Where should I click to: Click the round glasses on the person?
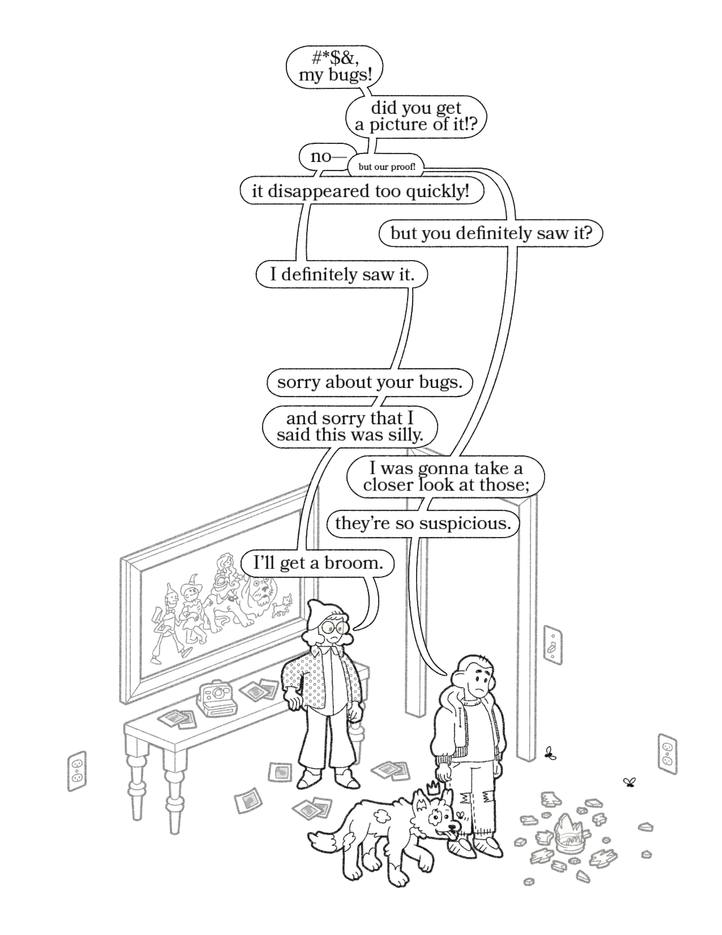click(x=336, y=627)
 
